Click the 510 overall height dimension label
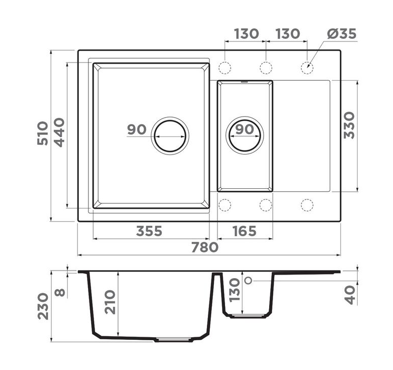[x=42, y=133]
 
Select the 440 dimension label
[x=59, y=132]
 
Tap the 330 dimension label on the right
[x=349, y=125]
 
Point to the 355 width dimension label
[x=149, y=231]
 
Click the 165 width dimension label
[x=244, y=231]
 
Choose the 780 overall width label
[x=205, y=247]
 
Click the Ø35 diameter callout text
[x=341, y=33]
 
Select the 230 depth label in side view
[x=43, y=306]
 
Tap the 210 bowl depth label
[x=110, y=302]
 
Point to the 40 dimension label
[x=350, y=295]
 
